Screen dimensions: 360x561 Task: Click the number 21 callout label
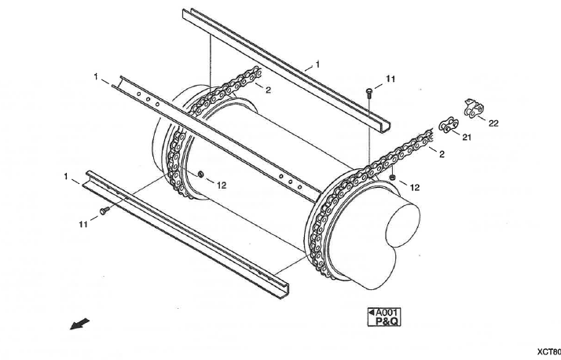(x=466, y=138)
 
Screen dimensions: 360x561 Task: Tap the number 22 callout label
(x=493, y=123)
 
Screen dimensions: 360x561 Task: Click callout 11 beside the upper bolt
(x=390, y=79)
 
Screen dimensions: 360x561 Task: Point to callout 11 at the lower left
(x=82, y=224)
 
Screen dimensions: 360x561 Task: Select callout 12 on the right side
(x=415, y=187)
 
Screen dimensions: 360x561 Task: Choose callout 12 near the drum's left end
(x=222, y=186)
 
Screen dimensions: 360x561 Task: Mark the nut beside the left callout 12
(x=201, y=173)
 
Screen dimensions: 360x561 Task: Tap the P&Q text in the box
(x=385, y=321)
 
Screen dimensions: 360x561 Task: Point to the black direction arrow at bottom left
(x=79, y=324)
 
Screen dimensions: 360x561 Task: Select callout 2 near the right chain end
(x=442, y=154)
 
